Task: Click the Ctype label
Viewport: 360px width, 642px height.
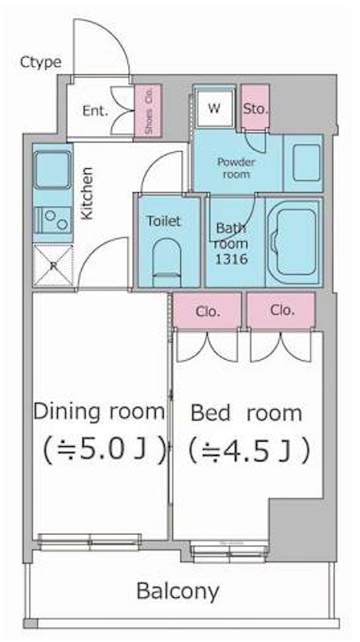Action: (x=40, y=62)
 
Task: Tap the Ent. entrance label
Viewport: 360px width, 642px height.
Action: (x=95, y=111)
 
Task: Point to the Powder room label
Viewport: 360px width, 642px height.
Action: (x=236, y=168)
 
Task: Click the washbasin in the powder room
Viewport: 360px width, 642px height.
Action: (x=306, y=163)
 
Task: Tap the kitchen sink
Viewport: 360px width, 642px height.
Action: (x=52, y=170)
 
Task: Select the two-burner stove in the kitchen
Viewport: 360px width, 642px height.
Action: (x=53, y=220)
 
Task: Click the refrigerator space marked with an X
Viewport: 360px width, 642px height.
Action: (x=53, y=265)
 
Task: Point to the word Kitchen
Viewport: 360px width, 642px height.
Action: (x=87, y=194)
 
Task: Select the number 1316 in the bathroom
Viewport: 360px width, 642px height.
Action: (x=231, y=259)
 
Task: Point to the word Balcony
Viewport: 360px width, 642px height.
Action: (x=178, y=591)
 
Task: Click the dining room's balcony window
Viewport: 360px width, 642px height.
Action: (x=90, y=542)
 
